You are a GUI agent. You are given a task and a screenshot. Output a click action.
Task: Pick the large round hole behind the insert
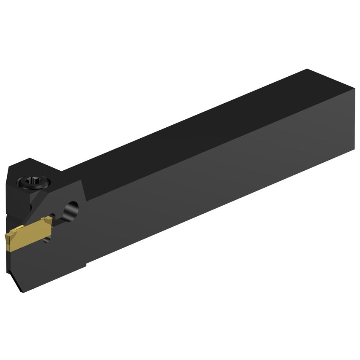[x=72, y=209]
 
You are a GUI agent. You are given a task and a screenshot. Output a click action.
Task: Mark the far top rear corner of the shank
[x=307, y=69]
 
